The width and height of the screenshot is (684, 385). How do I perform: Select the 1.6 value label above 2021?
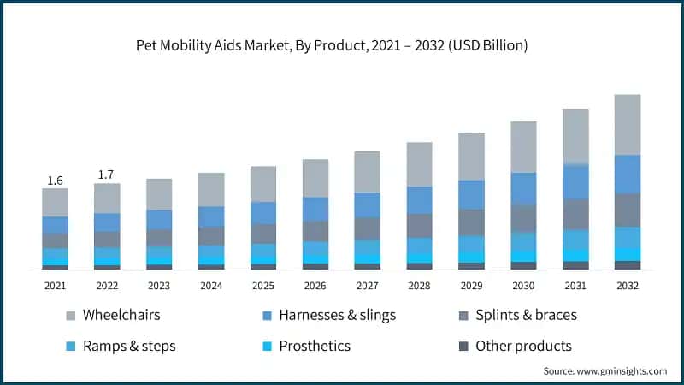tap(55, 181)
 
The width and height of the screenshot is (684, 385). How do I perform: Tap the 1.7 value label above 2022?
tap(107, 175)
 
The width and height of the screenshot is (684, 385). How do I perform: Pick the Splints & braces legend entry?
tap(526, 315)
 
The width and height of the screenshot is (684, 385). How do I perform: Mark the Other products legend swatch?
tap(463, 346)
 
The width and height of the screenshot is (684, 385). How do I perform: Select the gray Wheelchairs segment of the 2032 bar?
tap(628, 125)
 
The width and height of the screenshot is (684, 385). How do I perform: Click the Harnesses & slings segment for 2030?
tap(523, 188)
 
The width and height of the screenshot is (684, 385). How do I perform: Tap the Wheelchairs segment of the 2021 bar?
tap(55, 202)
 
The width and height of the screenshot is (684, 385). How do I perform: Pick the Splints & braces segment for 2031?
tap(575, 214)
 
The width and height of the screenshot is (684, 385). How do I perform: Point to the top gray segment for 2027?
tap(368, 172)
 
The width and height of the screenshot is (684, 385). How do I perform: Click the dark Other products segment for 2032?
tap(628, 265)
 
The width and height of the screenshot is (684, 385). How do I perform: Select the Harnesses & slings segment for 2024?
tap(211, 216)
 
